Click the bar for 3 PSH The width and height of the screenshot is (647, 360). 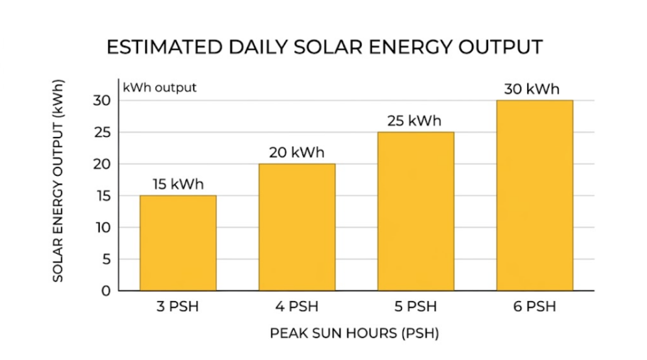pos(178,243)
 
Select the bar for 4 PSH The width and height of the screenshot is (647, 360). pos(296,227)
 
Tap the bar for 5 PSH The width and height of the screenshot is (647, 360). pos(415,212)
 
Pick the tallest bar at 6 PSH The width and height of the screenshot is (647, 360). pos(535,195)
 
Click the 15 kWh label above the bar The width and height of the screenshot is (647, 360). pos(178,185)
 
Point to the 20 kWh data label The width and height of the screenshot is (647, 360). pos(296,153)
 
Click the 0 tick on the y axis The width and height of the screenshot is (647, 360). pos(105,291)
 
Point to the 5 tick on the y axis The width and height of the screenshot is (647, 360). pos(105,259)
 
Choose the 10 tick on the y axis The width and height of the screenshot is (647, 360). pos(102,227)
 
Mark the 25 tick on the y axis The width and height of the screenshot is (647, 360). pos(102,133)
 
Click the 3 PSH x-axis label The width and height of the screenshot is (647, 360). pos(178,307)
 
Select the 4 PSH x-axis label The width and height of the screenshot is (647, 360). pos(296,307)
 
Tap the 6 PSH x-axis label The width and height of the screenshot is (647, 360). pos(535,307)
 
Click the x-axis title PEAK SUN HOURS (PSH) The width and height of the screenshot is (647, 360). pos(354,333)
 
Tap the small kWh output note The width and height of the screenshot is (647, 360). pos(160,87)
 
